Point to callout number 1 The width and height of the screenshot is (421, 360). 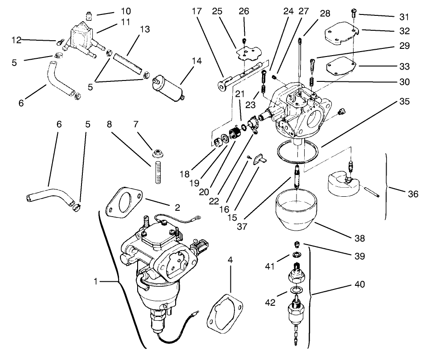point(96,282)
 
